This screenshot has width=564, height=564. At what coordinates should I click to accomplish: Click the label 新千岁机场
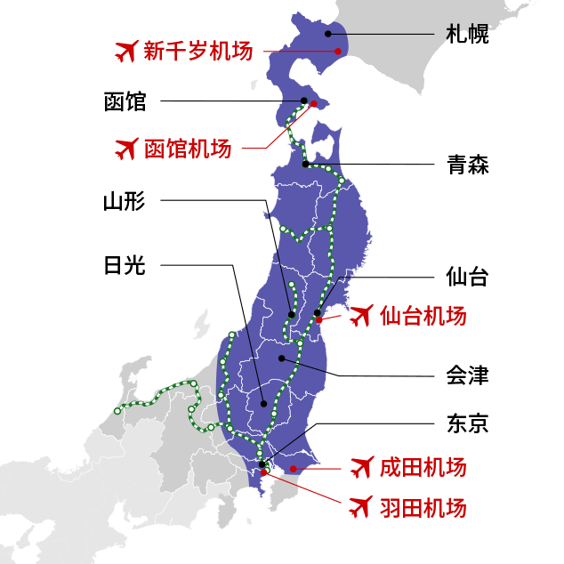point(198,52)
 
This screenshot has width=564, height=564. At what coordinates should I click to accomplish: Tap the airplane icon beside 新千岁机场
point(127,52)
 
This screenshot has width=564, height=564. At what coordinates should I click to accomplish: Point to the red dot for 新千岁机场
point(338,52)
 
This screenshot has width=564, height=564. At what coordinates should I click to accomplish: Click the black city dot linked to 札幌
point(328,34)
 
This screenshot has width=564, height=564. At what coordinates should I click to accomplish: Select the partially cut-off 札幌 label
point(466,34)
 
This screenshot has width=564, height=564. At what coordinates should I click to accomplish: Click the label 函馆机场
point(188,149)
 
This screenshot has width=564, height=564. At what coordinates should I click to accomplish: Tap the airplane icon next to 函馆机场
point(127,149)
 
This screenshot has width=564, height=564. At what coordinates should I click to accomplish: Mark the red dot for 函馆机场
point(314,104)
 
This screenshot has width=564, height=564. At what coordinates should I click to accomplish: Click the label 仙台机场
point(423,316)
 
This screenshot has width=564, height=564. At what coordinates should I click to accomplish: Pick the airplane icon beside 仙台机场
point(360,316)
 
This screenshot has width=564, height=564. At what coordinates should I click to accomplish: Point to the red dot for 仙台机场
point(319,319)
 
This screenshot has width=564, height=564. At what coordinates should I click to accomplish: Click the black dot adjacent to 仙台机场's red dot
point(317,312)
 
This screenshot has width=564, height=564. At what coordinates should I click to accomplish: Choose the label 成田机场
point(423,467)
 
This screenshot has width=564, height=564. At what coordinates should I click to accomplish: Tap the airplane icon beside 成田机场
point(360,467)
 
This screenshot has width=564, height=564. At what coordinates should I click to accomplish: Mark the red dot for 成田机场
point(293,469)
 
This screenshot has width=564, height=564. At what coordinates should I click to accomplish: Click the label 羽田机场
point(423,508)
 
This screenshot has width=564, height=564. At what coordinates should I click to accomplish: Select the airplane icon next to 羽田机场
point(360,508)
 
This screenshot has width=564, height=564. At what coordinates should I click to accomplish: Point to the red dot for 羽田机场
point(264,472)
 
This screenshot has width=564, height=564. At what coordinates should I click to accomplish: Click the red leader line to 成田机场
point(320,468)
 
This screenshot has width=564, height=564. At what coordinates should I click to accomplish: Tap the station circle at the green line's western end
point(117,411)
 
